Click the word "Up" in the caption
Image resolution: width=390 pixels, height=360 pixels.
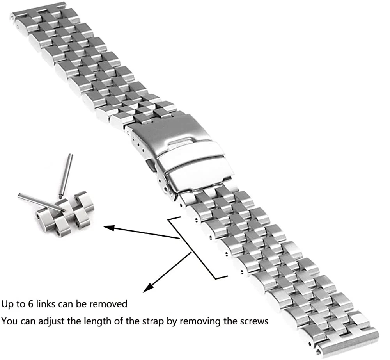[7, 303]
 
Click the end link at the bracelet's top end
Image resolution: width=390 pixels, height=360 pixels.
[23, 18]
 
